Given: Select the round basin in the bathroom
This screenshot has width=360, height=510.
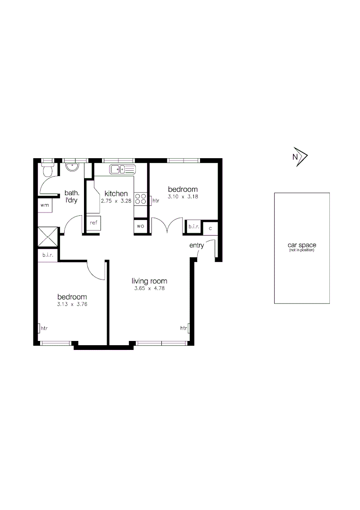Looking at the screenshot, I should point(72,168).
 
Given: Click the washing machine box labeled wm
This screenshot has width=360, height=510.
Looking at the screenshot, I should point(45,205).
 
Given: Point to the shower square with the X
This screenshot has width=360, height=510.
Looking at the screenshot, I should point(48,237).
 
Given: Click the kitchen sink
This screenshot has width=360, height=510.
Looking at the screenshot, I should point(123,169).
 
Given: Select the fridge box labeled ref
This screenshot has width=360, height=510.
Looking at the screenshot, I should point(93,223).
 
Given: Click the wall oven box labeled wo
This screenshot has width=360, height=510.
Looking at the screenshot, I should point(141,226).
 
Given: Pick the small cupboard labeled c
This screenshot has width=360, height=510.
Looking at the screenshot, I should point(210,228).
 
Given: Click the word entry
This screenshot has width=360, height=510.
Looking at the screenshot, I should point(197,246).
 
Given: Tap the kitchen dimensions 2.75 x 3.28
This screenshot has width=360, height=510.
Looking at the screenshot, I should point(116,201).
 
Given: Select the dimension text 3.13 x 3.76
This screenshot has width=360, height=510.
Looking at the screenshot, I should point(72,305).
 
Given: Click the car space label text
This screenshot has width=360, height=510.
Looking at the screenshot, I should point(302,245).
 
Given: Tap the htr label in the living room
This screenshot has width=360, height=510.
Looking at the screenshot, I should point(184,328).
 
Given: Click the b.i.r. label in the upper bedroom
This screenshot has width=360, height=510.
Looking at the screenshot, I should point(194,227).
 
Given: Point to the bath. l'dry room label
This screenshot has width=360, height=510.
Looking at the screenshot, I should point(72,196).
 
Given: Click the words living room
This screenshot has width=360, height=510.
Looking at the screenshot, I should point(149,281).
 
